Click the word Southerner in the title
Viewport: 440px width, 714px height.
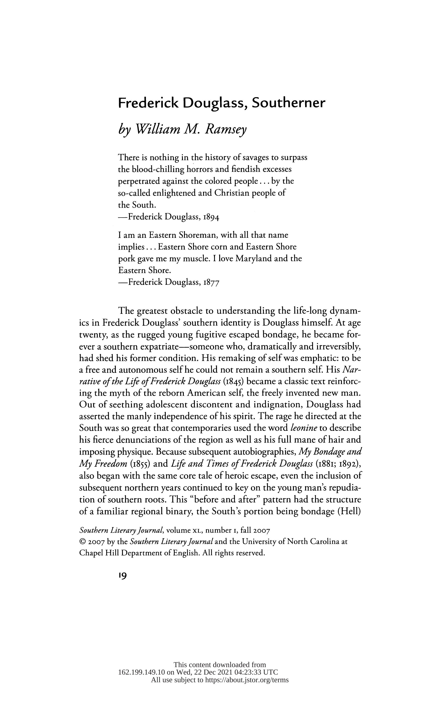(x=288, y=103)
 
